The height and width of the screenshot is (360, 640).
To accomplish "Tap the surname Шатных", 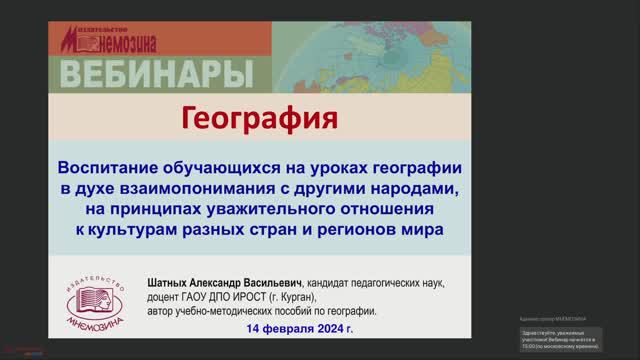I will point(171,283).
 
